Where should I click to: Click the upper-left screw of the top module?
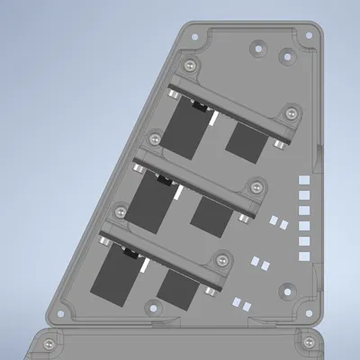pos(190,67)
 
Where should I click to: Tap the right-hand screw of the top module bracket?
pos(291,112)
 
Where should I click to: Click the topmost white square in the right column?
pos(303,182)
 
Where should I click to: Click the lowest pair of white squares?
pos(240,303)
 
